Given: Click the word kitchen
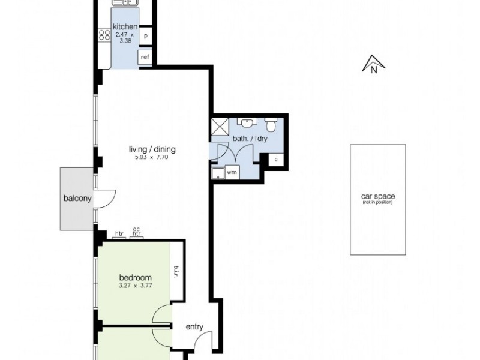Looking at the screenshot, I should coord(125,27).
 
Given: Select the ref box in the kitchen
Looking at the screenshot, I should coord(145,58).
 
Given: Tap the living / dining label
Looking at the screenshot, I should coord(155,149).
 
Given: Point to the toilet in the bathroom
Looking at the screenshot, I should coord(271,125).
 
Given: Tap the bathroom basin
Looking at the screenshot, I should coord(247,122).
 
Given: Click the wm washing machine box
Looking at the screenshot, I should coord(232,173).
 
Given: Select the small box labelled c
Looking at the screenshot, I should coord(275,160).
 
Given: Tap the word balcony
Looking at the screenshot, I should coord(77,199).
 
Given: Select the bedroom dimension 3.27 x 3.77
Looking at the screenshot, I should coord(135,286).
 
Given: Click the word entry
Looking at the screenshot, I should coord(194,327).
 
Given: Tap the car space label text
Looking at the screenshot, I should coord(379,197).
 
